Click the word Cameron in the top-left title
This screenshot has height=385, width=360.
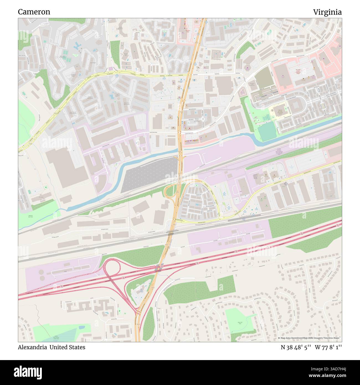[x=34, y=12]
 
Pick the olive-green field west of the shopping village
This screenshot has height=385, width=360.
[x=264, y=76]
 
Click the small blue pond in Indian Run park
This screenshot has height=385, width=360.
[x=82, y=327]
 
